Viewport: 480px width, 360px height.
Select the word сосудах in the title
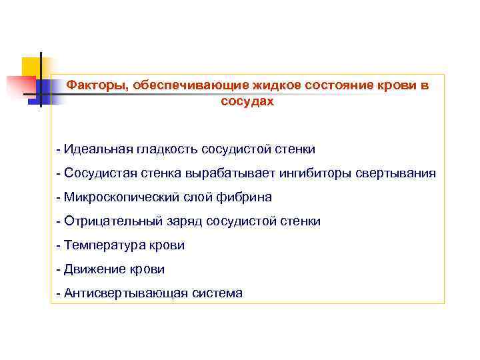(247, 102)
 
